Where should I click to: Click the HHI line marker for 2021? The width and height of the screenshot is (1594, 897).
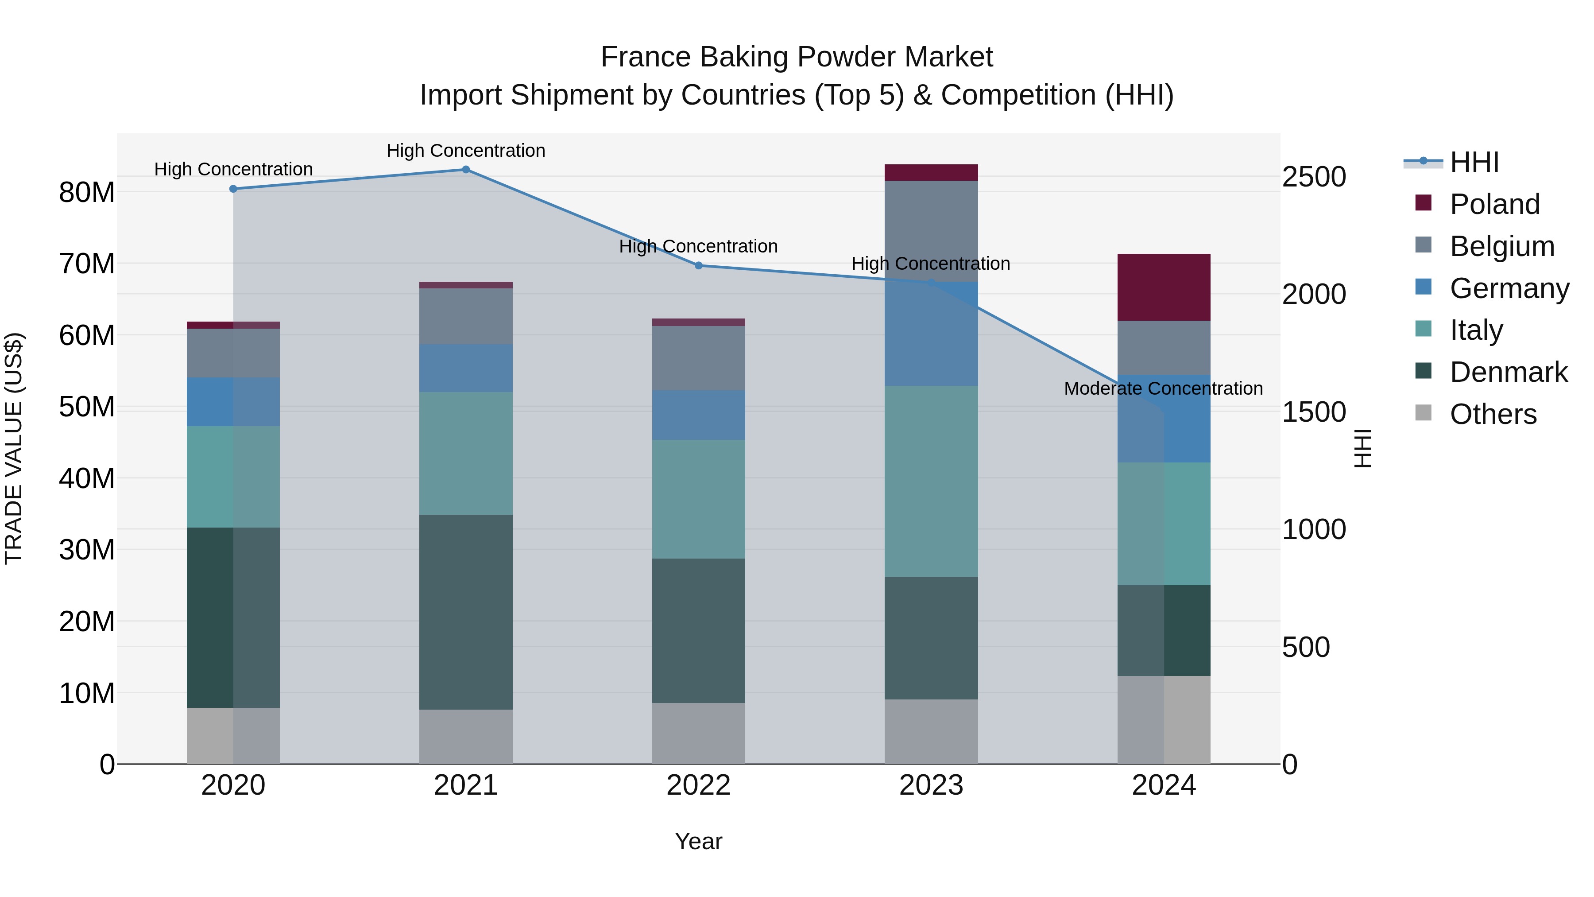pyautogui.click(x=466, y=170)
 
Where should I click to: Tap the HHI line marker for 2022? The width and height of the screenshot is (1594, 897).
pyautogui.click(x=699, y=266)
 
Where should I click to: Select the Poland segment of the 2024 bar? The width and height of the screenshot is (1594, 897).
pyautogui.click(x=1164, y=287)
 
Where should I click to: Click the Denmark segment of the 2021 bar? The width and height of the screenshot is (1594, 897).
pyautogui.click(x=466, y=612)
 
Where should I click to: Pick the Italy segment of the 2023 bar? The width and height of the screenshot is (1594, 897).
pyautogui.click(x=931, y=482)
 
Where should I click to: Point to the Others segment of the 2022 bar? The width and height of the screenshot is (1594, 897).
pyautogui.click(x=699, y=734)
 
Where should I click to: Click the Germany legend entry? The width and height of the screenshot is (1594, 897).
pyautogui.click(x=1509, y=288)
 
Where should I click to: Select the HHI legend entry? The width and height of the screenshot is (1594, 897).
pyautogui.click(x=1474, y=162)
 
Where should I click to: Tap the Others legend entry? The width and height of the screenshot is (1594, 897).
pyautogui.click(x=1493, y=414)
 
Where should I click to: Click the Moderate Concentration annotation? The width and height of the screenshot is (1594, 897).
pyautogui.click(x=1163, y=389)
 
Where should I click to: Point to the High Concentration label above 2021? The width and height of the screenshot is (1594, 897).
pyautogui.click(x=466, y=151)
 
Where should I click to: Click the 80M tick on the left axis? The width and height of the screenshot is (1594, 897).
pyautogui.click(x=87, y=193)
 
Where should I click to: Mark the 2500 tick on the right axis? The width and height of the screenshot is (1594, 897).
pyautogui.click(x=1314, y=177)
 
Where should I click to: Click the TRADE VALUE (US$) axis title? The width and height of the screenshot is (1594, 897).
pyautogui.click(x=14, y=448)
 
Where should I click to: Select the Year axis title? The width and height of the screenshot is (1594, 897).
pyautogui.click(x=699, y=841)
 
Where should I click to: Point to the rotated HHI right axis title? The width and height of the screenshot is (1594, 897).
pyautogui.click(x=1362, y=448)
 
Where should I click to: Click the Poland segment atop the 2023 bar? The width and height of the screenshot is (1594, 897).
pyautogui.click(x=931, y=173)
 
